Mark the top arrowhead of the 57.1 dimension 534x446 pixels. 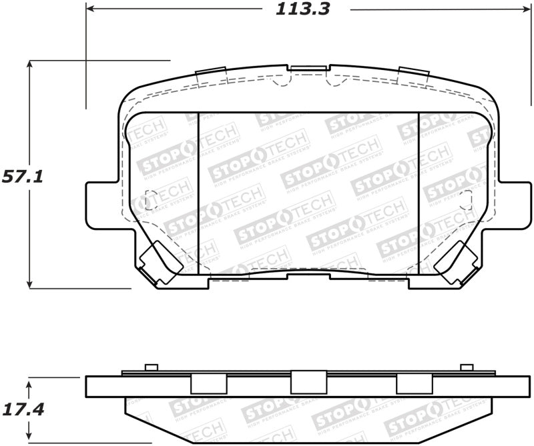point(29,64)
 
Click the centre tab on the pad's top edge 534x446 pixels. point(308,69)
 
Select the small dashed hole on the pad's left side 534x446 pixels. point(150,199)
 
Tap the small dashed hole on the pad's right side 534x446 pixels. point(467,198)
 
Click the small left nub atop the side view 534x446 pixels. point(151,367)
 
